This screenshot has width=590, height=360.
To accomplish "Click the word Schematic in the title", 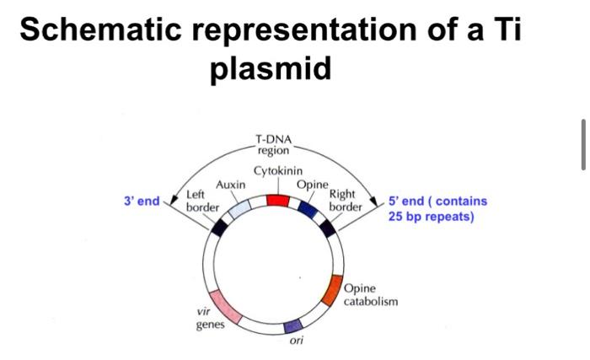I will tap(99, 30).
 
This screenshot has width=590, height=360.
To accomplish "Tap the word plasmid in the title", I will tap(271, 67).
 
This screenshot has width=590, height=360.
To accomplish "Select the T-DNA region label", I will tap(271, 144).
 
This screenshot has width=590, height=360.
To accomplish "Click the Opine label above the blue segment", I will tap(311, 184).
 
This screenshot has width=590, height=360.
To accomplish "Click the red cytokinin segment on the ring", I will tap(277, 201).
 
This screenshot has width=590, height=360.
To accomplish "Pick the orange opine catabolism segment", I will tap(333, 290).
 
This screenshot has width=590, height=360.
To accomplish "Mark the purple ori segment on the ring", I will tap(292, 325).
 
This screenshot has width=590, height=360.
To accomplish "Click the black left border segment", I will tap(220, 226).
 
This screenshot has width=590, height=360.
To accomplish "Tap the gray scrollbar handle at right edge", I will tap(583, 144).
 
